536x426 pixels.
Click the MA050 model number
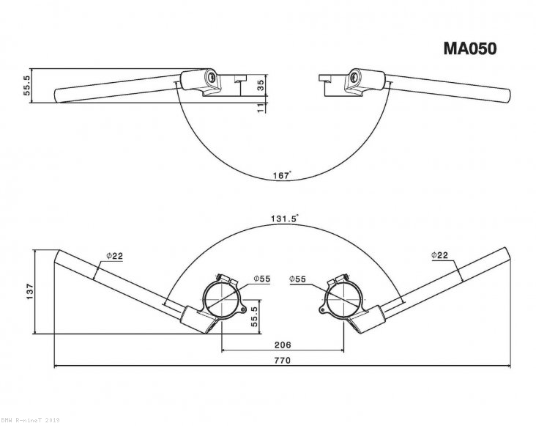[x=470, y=49]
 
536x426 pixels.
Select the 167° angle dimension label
[x=280, y=175]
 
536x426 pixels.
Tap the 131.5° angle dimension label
[x=283, y=218]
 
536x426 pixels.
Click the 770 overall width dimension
[x=283, y=360]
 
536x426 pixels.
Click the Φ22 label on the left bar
[x=114, y=255]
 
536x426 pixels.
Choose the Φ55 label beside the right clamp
[x=297, y=279]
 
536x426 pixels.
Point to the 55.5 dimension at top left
[x=27, y=87]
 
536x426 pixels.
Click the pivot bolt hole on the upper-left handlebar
[x=210, y=76]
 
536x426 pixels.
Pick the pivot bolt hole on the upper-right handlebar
[x=355, y=76]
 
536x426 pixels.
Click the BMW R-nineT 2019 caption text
[x=30, y=421]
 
